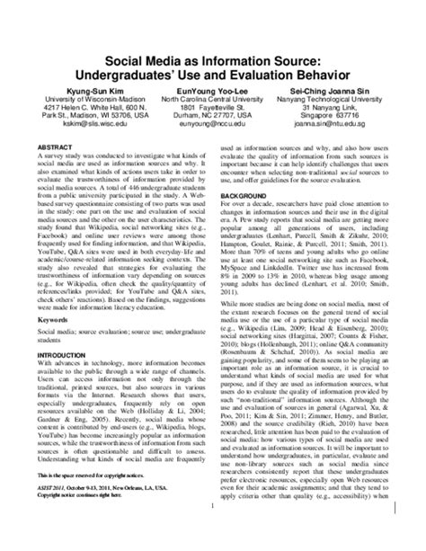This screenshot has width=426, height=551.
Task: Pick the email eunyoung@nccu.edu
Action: (213, 127)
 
